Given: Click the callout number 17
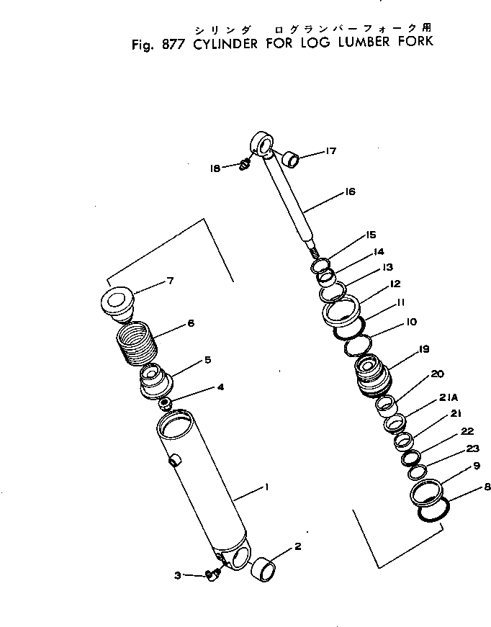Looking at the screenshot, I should [331, 151].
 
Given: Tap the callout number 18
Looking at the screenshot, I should [215, 168].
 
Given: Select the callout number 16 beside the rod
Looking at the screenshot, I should [350, 192].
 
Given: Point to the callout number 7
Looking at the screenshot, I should [170, 281].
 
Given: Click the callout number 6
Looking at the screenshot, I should [190, 323].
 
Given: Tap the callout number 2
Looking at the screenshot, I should [297, 547].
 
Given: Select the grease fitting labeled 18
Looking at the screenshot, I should [244, 166].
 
